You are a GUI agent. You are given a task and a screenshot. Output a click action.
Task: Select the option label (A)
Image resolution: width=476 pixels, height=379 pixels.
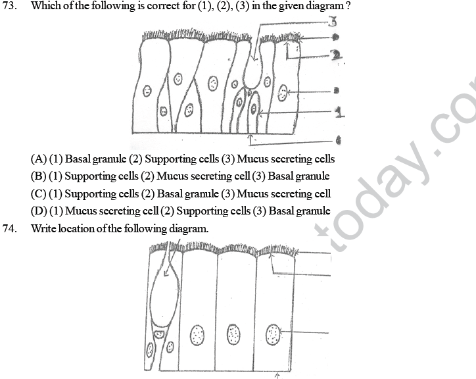pyautogui.click(x=38, y=159)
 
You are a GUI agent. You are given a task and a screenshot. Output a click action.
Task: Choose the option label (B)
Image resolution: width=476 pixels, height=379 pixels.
pyautogui.click(x=38, y=176)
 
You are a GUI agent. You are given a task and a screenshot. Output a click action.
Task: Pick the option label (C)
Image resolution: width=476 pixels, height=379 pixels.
pyautogui.click(x=38, y=194)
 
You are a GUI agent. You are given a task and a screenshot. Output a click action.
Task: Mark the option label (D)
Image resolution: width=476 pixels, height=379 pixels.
pyautogui.click(x=38, y=211)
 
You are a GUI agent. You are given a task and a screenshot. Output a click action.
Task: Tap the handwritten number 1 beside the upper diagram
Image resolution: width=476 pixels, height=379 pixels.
pyautogui.click(x=339, y=113)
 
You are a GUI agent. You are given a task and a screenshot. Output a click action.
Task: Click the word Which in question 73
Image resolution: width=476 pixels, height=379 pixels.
pyautogui.click(x=45, y=7)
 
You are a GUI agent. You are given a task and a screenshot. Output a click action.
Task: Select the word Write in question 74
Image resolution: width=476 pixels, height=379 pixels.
pyautogui.click(x=44, y=228)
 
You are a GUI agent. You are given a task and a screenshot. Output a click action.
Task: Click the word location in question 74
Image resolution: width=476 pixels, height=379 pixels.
pyautogui.click(x=81, y=228)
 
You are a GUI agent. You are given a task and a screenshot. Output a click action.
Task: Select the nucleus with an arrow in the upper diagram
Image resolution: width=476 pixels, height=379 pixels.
pyautogui.click(x=283, y=93)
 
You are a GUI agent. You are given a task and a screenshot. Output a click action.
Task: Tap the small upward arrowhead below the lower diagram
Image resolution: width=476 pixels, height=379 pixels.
pyautogui.click(x=277, y=375)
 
